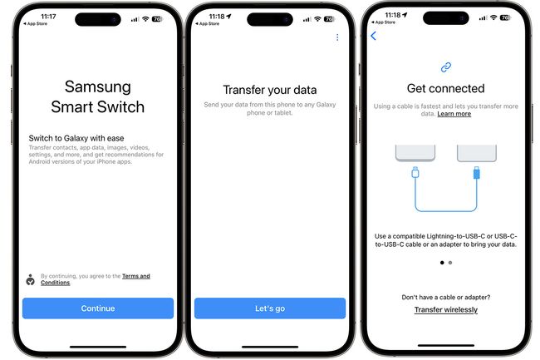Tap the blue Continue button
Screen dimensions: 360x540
click(x=98, y=308)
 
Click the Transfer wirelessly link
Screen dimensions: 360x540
click(x=446, y=310)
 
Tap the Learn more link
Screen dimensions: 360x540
click(x=454, y=114)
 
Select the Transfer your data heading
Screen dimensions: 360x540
click(x=270, y=90)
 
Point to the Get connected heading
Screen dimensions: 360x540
click(x=445, y=88)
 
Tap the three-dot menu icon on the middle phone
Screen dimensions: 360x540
click(x=337, y=37)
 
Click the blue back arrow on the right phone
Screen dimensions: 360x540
click(x=373, y=36)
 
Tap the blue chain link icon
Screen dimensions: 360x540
click(x=445, y=67)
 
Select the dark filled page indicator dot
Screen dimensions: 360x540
click(x=441, y=262)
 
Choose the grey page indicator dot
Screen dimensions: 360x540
click(x=450, y=262)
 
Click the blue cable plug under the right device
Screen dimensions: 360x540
click(x=476, y=174)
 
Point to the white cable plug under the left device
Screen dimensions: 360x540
click(x=415, y=174)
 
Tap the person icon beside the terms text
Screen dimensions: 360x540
click(x=30, y=279)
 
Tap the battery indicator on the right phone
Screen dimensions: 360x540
click(x=505, y=17)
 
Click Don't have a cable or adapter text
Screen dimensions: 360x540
click(x=446, y=297)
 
